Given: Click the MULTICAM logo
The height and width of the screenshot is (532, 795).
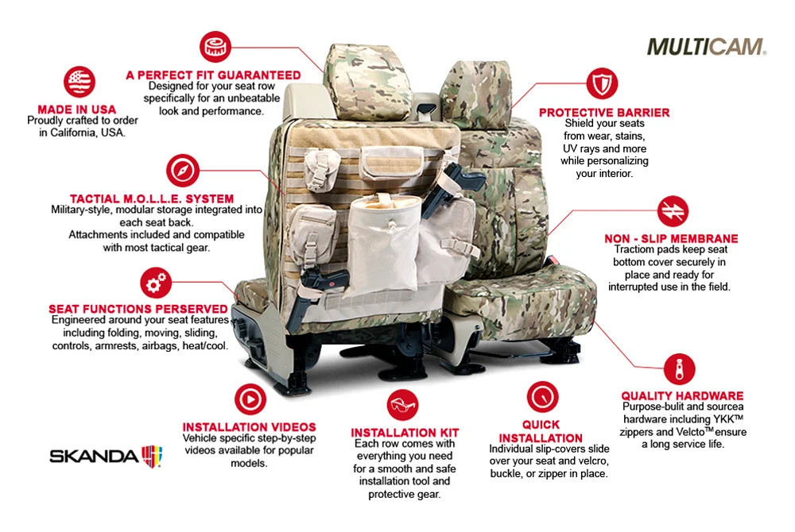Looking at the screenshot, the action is click(x=706, y=47).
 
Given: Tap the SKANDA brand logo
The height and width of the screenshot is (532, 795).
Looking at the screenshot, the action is click(x=106, y=456).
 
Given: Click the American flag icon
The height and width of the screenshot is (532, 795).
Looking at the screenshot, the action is click(x=79, y=82).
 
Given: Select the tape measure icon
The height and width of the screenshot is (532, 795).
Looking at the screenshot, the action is click(x=215, y=47).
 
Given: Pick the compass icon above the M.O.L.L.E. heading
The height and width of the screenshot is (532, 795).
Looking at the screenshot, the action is click(x=183, y=171).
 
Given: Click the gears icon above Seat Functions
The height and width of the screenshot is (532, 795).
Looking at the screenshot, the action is click(x=156, y=283).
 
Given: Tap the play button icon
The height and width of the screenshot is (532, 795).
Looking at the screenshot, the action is click(x=250, y=399).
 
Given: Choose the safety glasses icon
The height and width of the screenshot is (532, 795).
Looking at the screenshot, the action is click(x=402, y=405).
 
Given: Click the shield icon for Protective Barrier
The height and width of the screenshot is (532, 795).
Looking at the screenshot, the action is click(x=602, y=83).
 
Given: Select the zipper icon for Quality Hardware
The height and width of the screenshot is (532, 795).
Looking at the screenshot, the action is click(x=680, y=369).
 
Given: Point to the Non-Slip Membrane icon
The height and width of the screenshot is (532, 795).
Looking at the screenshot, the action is click(x=673, y=210).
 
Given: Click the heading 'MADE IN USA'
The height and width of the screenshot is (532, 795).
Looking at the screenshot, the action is click(x=76, y=110).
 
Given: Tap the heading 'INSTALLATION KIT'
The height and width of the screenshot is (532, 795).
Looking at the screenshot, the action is click(x=405, y=433).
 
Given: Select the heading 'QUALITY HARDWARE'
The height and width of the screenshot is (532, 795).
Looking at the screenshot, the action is click(x=682, y=396).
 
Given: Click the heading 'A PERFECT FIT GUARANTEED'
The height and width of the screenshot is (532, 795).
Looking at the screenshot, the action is click(x=213, y=75).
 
